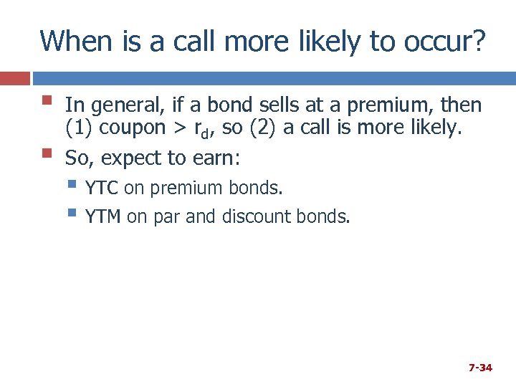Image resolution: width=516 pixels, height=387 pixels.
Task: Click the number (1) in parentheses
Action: (79, 130)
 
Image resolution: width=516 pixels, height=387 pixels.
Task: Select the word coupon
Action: (133, 130)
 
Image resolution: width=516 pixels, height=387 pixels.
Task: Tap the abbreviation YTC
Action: (102, 188)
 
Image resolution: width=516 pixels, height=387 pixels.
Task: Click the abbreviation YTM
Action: (103, 216)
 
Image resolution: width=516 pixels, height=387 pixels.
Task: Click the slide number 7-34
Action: (480, 368)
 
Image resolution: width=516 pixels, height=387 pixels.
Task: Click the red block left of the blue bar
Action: (14, 78)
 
